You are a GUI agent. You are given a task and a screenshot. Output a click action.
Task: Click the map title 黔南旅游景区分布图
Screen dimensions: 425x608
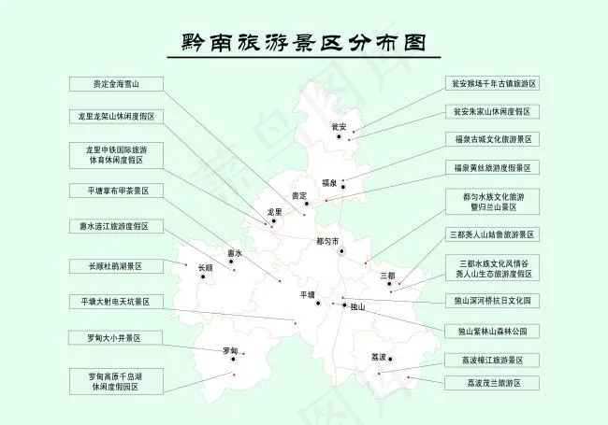click(303, 43)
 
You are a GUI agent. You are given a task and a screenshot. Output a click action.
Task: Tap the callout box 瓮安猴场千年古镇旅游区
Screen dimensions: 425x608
click(492, 84)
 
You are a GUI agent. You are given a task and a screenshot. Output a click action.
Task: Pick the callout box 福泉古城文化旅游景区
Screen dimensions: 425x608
click(492, 139)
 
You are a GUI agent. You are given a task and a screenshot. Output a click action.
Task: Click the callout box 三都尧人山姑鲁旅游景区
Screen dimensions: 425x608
click(492, 234)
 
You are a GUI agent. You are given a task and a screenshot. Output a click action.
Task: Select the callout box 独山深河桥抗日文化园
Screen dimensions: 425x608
click(492, 301)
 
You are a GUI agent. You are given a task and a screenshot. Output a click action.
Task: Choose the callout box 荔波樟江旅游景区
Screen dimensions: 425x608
click(492, 360)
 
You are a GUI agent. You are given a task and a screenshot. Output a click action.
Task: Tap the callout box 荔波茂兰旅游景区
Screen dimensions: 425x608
click(492, 383)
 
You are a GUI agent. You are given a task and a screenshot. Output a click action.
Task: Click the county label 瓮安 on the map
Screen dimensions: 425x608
click(340, 126)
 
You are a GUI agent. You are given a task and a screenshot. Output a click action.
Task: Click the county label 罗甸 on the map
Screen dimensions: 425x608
click(230, 350)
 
